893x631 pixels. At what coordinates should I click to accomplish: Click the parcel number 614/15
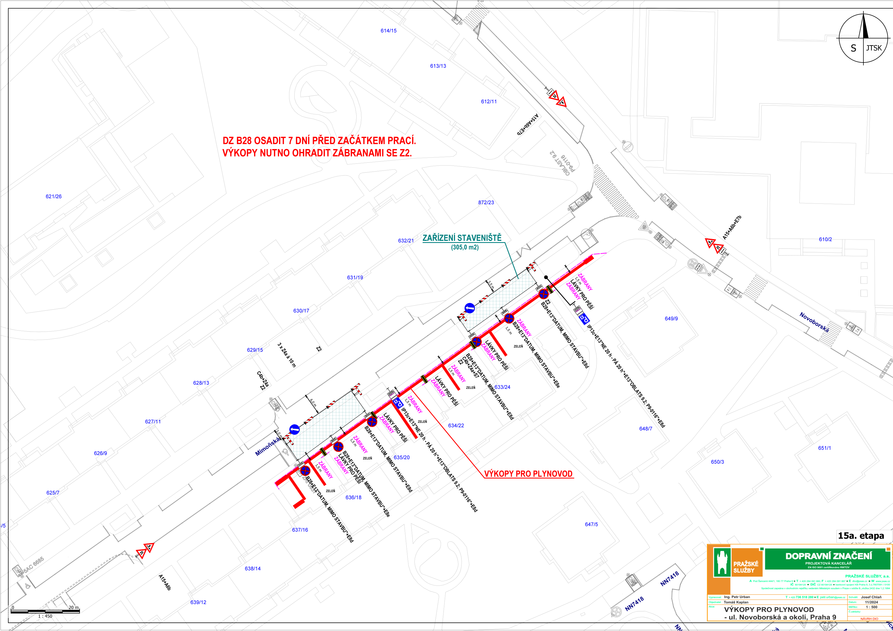tap(388, 31)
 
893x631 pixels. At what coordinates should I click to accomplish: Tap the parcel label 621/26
tap(54, 196)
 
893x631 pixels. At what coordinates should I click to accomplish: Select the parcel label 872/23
tap(486, 203)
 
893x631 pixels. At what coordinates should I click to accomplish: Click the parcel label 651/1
tap(824, 448)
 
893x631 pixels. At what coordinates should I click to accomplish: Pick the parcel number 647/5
tap(591, 525)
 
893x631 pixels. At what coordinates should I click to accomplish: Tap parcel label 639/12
tap(198, 602)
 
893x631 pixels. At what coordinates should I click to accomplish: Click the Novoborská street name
tap(814, 322)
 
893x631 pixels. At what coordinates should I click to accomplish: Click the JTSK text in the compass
tap(874, 48)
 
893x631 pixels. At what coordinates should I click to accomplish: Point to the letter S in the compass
tap(853, 48)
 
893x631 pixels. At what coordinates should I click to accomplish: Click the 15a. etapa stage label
tap(861, 536)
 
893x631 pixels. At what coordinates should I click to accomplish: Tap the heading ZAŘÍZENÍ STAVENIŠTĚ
tap(462, 238)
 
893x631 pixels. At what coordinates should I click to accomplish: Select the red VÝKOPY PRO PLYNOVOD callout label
tap(528, 474)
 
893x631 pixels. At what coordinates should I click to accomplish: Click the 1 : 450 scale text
tap(45, 616)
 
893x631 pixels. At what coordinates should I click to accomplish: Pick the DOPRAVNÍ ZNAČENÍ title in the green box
tap(828, 556)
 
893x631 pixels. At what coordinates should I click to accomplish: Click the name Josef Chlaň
tap(871, 597)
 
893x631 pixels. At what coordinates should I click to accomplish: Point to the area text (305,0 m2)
tap(465, 247)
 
